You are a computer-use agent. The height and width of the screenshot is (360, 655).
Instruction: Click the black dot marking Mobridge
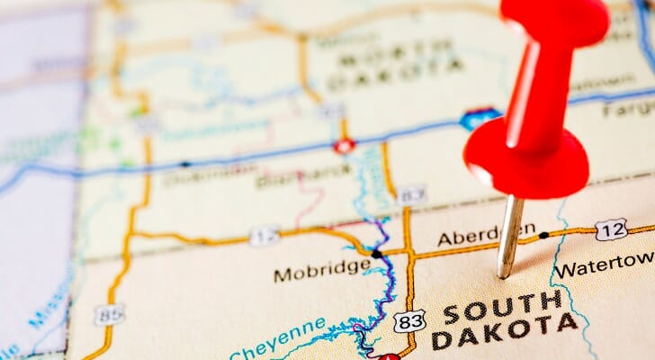point(376,255)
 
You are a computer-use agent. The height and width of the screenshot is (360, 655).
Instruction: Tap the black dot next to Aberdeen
point(543,235)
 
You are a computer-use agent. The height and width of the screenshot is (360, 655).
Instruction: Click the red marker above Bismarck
point(343,145)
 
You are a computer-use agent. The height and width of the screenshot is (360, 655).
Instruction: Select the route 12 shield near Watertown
point(611,229)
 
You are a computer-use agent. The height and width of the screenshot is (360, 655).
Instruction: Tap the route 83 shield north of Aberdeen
point(411,194)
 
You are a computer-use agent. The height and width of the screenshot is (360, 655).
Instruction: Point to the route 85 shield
point(109,314)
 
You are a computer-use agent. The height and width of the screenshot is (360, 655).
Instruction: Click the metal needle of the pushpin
point(509,236)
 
